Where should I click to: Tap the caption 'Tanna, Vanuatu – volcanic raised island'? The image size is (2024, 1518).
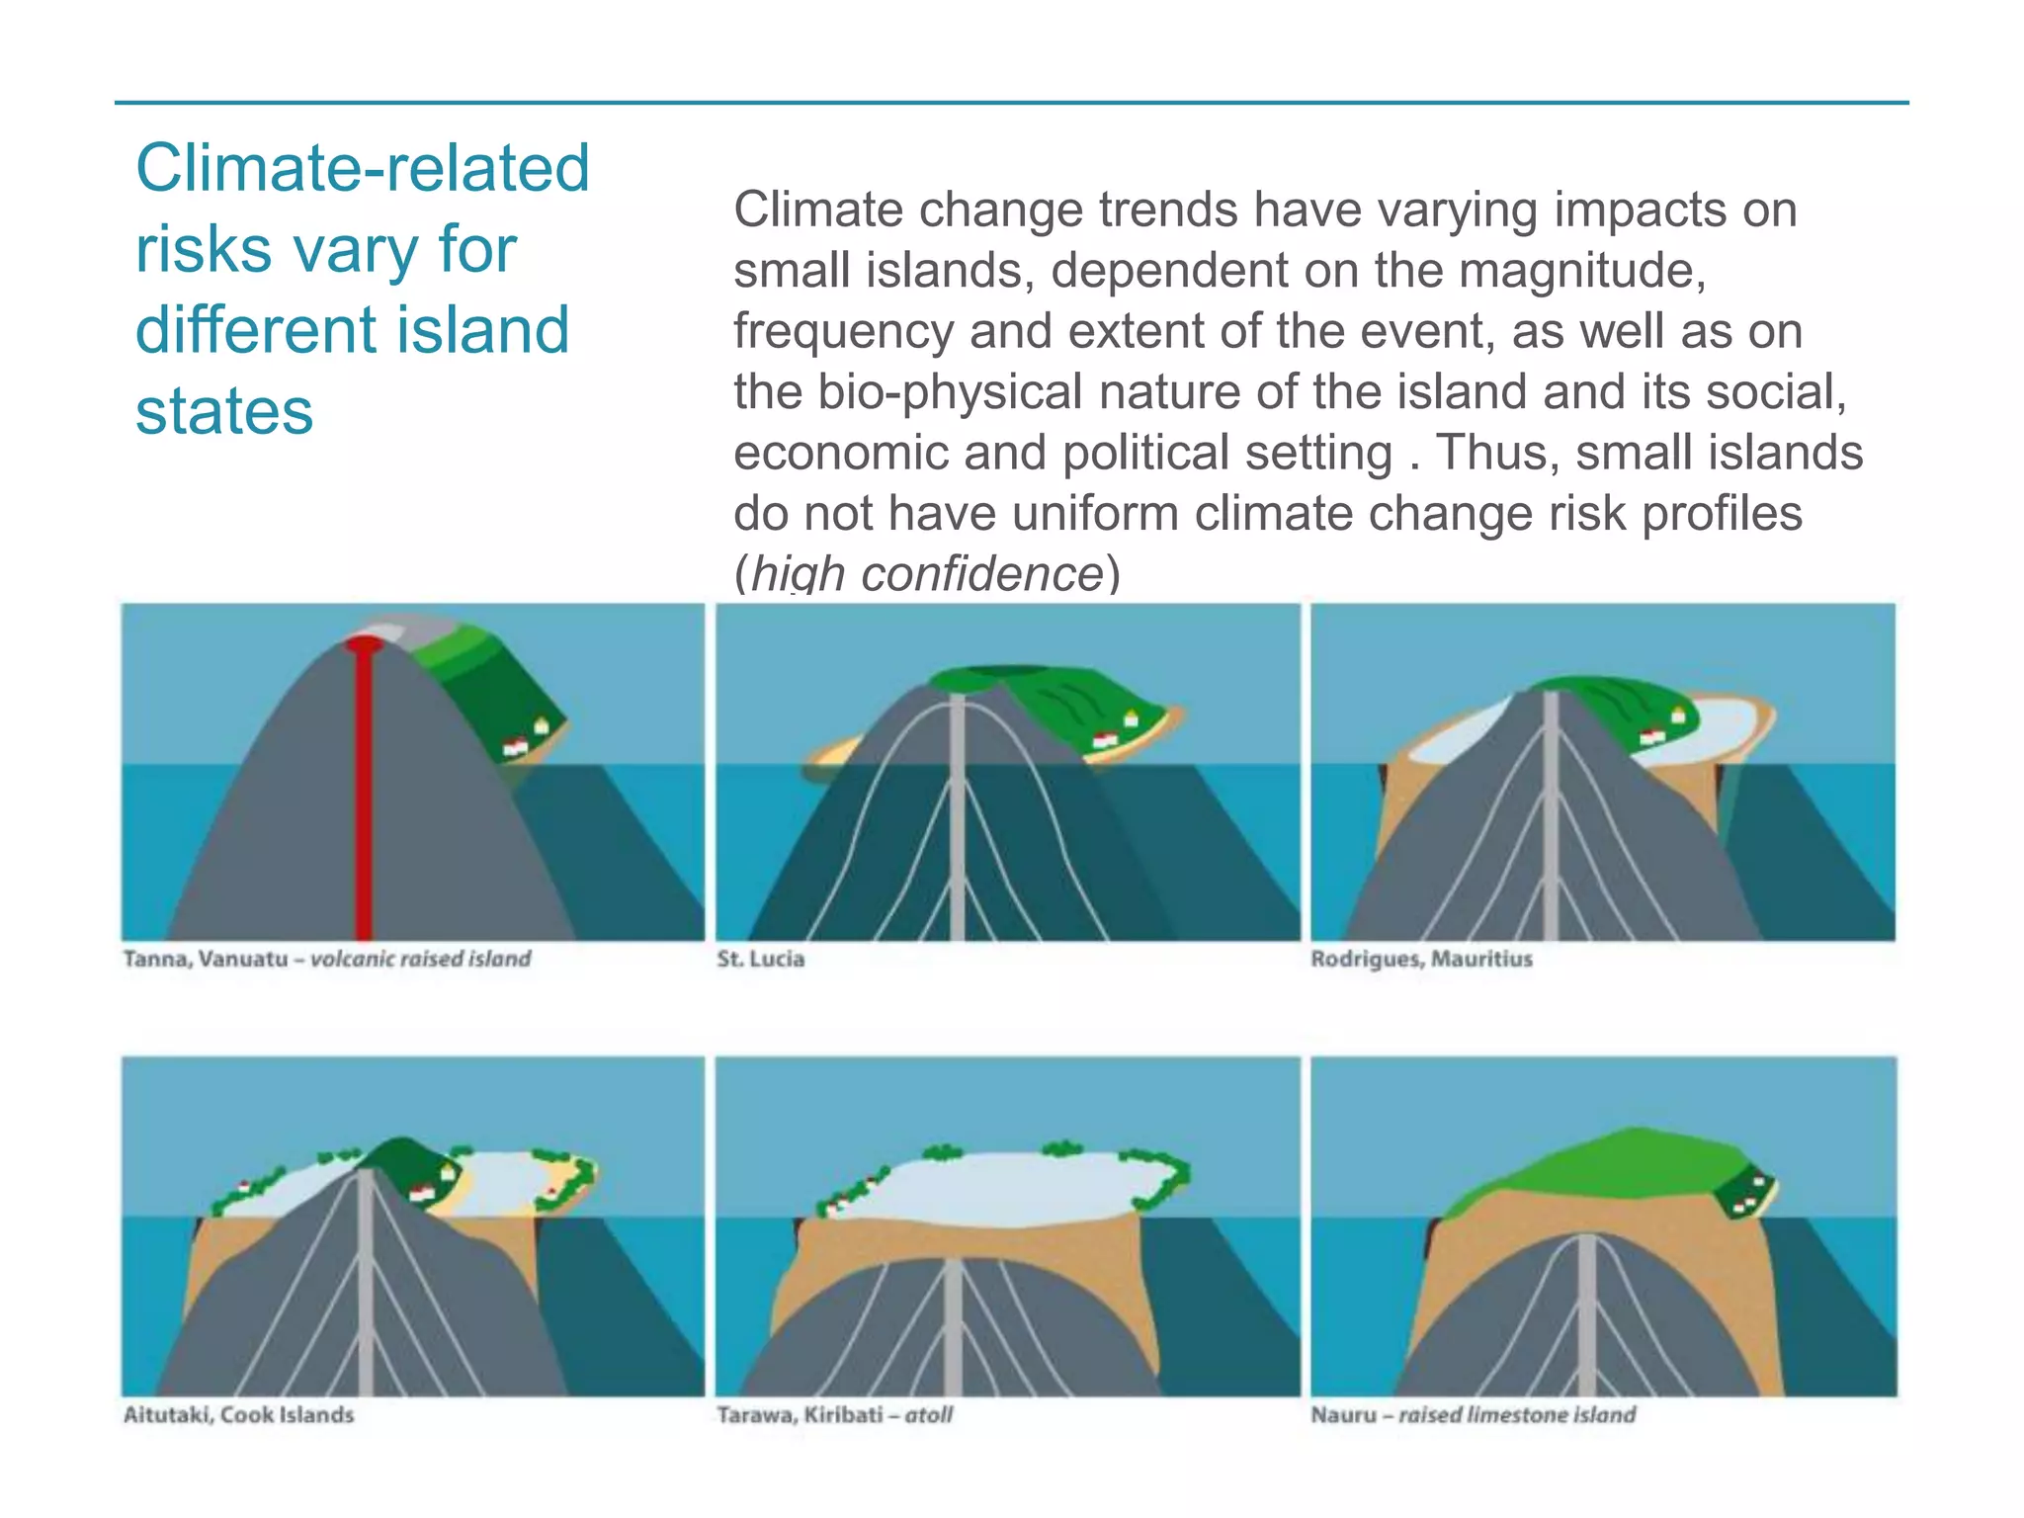coord(327,959)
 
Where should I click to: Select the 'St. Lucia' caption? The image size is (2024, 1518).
coord(761,959)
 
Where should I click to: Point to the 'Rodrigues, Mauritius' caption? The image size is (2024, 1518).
coord(1421,959)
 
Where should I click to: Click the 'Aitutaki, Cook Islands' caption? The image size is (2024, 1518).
coord(238,1414)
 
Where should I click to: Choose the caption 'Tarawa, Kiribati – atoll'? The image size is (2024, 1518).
coord(835,1414)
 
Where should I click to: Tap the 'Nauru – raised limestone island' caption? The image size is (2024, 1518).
coord(1473,1414)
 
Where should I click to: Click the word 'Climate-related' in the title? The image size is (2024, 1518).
coord(363,168)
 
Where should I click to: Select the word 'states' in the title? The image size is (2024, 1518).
coord(224,410)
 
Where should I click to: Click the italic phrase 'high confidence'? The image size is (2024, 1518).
coord(927,574)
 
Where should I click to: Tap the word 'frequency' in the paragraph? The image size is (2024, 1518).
coord(843,331)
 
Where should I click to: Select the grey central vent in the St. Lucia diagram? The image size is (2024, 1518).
coord(957,820)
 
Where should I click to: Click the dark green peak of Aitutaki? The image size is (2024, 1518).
coord(400,1156)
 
